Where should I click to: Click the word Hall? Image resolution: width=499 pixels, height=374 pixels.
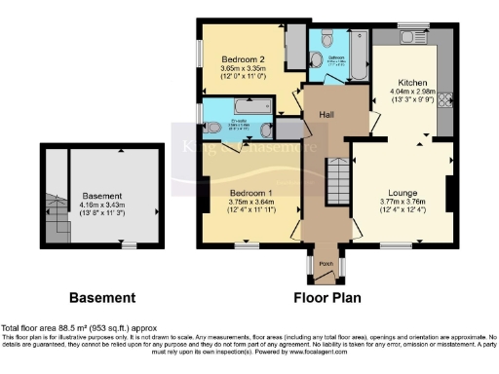(x=324, y=113)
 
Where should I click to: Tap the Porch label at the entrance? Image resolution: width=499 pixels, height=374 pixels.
(x=326, y=263)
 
